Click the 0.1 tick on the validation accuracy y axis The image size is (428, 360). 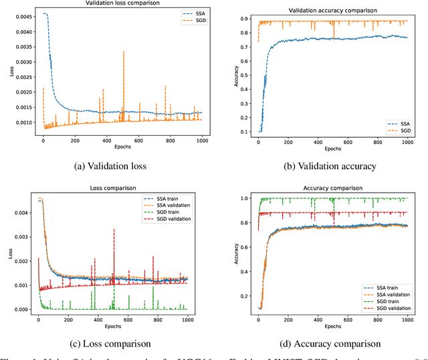tap(244, 131)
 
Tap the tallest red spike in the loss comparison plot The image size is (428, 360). tap(114, 230)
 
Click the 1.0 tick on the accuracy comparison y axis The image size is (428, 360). tap(244, 199)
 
